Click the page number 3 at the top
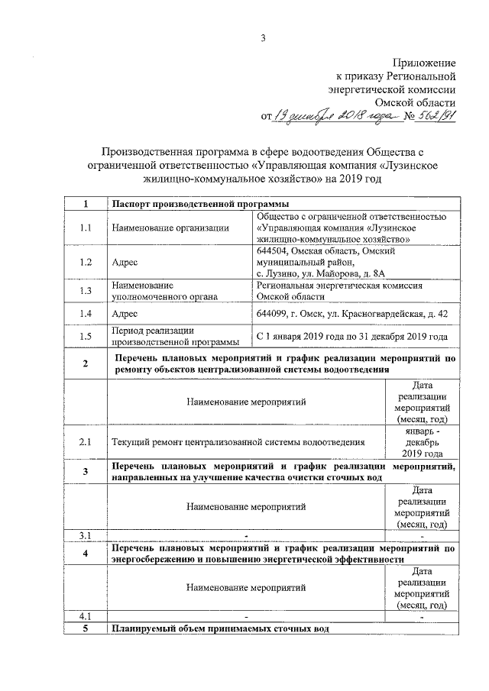click(262, 38)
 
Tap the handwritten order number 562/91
click(433, 115)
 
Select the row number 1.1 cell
click(86, 228)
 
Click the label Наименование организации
click(170, 228)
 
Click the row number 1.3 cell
click(86, 290)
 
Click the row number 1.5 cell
click(86, 336)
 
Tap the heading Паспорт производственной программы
click(196, 204)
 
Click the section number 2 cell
click(86, 363)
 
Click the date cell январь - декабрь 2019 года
click(422, 441)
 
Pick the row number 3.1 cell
click(86, 534)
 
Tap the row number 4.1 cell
click(86, 615)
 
